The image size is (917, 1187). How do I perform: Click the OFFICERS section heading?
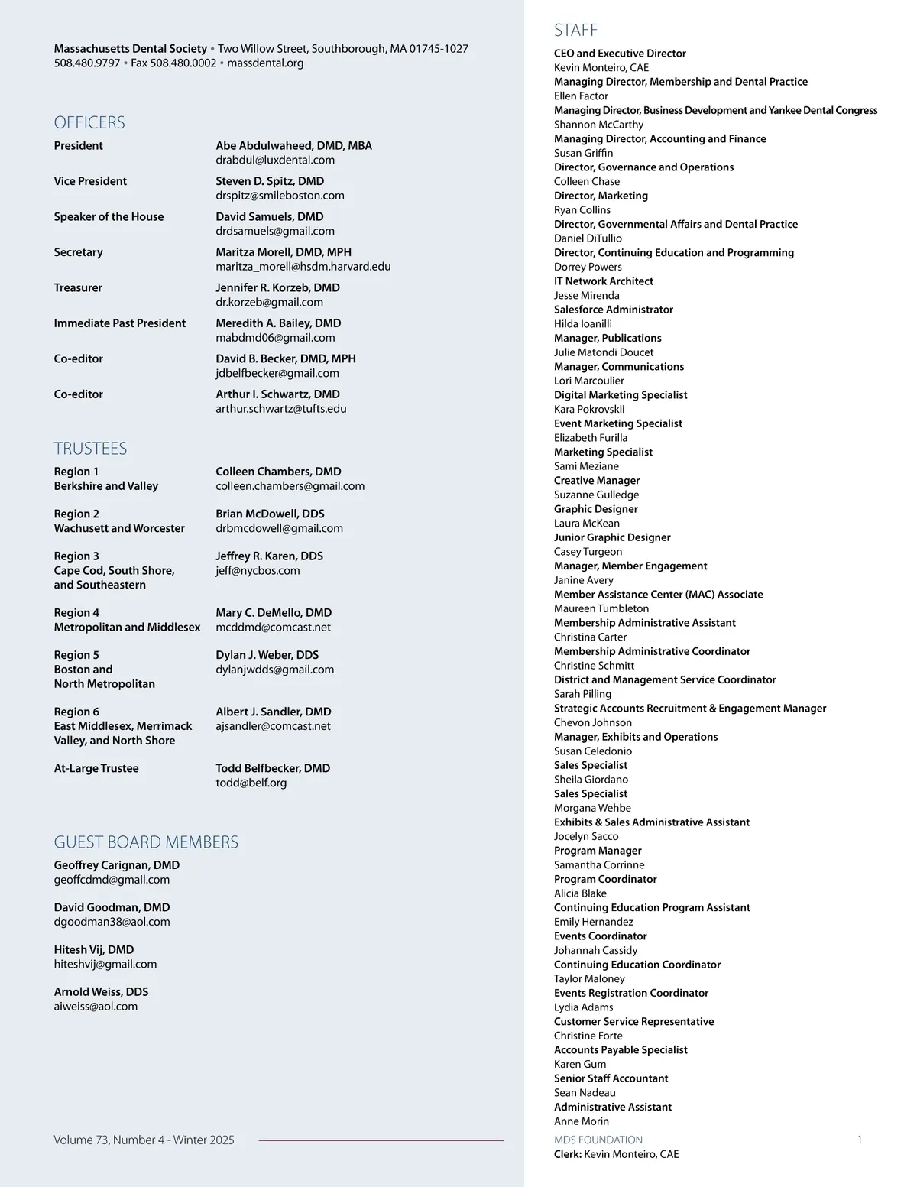[x=89, y=122]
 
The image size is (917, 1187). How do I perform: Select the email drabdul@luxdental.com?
[x=275, y=160]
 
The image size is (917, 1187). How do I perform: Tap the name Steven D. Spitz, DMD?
[x=270, y=181]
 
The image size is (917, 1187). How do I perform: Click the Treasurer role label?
[x=78, y=287]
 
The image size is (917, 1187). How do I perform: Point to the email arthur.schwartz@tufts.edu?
[x=281, y=408]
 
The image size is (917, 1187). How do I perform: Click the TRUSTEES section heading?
[x=90, y=449]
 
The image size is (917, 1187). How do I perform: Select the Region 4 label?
[x=76, y=612]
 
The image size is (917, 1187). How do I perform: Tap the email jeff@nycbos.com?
[x=258, y=570]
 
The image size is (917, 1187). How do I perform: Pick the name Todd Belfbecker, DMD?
[x=273, y=768]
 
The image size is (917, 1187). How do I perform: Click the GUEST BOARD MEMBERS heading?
[x=146, y=842]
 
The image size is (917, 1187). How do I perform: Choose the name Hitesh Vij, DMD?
[x=94, y=949]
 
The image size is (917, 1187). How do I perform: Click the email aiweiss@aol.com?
[x=96, y=1006]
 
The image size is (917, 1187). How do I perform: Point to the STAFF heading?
[x=576, y=31]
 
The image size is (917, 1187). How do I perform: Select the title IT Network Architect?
[x=604, y=281]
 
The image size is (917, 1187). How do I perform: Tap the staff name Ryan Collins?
[x=582, y=210]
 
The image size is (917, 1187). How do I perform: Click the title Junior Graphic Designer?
[x=612, y=537]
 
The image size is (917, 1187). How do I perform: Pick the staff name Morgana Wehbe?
[x=592, y=808]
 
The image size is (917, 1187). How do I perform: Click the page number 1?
[x=860, y=1140]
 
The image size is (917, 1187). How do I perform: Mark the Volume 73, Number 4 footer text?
[x=144, y=1140]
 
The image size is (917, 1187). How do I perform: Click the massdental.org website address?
[x=265, y=63]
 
